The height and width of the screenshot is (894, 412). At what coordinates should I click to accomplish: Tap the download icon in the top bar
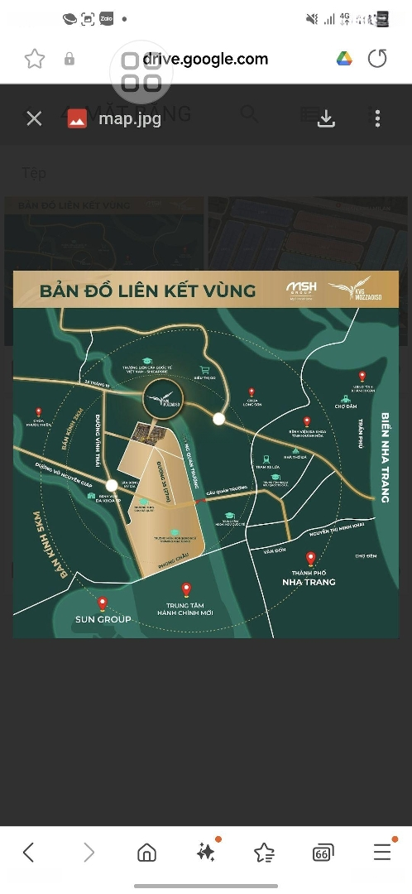click(x=327, y=118)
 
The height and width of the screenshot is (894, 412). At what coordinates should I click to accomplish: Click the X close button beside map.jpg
click(x=34, y=118)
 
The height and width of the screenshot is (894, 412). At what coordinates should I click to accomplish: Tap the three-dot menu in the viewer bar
click(x=377, y=118)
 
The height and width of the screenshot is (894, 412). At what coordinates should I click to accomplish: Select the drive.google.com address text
click(x=205, y=59)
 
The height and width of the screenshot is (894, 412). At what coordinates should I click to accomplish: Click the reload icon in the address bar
click(x=377, y=59)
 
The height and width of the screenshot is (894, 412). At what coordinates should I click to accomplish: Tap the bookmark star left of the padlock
click(x=34, y=59)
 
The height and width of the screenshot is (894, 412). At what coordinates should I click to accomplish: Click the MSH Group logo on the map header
click(x=296, y=290)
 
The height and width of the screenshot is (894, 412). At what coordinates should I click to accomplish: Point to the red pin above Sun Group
click(x=103, y=604)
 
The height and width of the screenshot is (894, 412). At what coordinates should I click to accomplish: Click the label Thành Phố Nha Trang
click(x=308, y=577)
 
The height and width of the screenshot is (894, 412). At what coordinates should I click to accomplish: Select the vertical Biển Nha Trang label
click(x=385, y=456)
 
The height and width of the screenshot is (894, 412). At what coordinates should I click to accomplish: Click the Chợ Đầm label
click(x=344, y=406)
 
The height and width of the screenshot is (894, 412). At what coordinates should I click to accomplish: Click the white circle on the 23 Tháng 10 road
click(x=218, y=419)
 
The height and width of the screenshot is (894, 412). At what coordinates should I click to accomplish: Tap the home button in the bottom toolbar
click(x=146, y=852)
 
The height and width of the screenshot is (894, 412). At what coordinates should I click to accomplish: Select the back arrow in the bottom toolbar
click(x=29, y=852)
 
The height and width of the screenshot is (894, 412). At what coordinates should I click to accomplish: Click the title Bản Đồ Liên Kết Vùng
click(x=137, y=291)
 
